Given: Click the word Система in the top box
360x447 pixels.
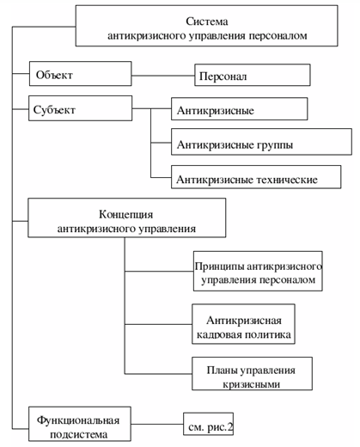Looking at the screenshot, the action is point(207,21).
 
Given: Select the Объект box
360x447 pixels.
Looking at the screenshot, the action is point(81,73).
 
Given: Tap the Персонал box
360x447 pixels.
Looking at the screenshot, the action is point(253,75).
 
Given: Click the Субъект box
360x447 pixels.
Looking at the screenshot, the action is point(80,108).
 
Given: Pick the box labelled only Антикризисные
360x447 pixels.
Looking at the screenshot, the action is point(240,109).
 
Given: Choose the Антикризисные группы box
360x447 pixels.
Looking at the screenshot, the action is point(261,142).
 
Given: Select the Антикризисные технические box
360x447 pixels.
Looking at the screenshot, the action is point(256,177).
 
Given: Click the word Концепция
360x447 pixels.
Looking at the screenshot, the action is point(126,215).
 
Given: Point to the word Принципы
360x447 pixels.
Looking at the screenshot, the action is point(219,266).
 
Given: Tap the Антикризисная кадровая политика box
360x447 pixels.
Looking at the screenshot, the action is point(243,324).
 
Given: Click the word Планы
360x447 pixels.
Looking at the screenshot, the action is point(223,370).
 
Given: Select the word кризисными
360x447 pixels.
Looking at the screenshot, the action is point(251,384).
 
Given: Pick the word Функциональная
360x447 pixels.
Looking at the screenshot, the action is point(78,420).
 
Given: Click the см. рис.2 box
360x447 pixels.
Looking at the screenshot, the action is point(208,424).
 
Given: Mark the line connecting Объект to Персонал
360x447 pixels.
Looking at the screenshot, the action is point(163,76).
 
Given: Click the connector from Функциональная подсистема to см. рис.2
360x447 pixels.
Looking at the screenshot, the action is point(157,424).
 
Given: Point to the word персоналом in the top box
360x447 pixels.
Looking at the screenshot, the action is point(278,36).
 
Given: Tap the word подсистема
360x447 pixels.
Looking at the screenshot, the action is point(79,434).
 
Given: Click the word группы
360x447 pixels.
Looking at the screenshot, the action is point(275,145).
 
